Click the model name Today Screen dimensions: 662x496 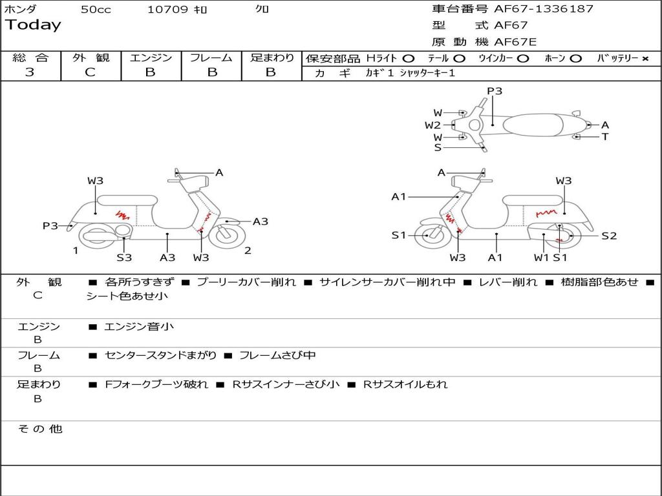click(x=33, y=25)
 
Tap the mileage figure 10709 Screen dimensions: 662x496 click(x=167, y=10)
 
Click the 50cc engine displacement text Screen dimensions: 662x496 click(x=96, y=10)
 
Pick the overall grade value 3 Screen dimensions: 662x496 click(x=30, y=72)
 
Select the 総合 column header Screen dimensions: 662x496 click(x=30, y=58)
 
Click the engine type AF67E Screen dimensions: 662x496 click(x=515, y=43)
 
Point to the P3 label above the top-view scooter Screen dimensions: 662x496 click(x=495, y=91)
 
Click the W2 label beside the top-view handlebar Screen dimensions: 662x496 click(x=432, y=125)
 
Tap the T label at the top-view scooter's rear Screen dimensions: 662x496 click(x=605, y=137)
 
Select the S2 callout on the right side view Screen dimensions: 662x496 click(x=609, y=236)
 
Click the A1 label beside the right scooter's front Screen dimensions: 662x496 click(x=398, y=196)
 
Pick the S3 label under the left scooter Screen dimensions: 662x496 click(x=124, y=258)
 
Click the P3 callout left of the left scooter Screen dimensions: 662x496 click(x=50, y=225)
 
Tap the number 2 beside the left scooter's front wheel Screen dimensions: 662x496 click(x=248, y=251)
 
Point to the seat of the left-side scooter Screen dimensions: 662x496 click(x=127, y=200)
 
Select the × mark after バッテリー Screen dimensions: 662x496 click(x=645, y=58)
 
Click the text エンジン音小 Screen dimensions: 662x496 click(x=139, y=327)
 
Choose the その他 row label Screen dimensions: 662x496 click(x=40, y=429)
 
